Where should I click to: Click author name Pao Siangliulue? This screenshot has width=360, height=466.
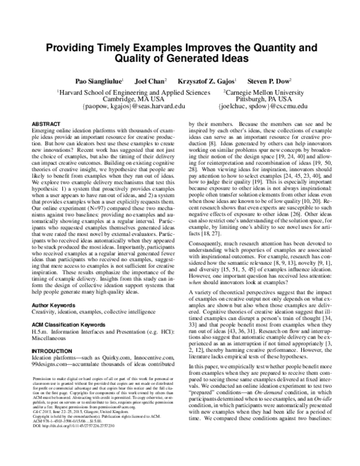(x=98, y=80)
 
